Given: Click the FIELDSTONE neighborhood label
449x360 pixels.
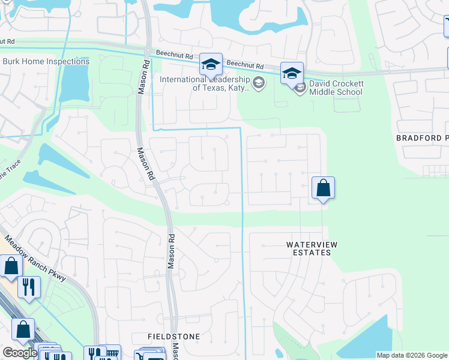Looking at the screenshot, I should pyautogui.click(x=174, y=337).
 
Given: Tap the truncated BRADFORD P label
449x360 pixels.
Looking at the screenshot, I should pyautogui.click(x=422, y=138).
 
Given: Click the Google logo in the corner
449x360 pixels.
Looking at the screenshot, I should pyautogui.click(x=19, y=353).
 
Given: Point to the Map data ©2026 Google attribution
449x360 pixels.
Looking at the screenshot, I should pyautogui.click(x=412, y=355).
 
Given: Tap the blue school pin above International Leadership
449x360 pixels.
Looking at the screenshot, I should pyautogui.click(x=211, y=64).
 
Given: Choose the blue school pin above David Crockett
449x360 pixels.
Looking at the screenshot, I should pyautogui.click(x=292, y=73).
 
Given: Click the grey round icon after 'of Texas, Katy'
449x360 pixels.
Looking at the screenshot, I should pyautogui.click(x=259, y=83).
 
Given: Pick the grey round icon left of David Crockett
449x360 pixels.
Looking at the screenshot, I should pyautogui.click(x=300, y=88).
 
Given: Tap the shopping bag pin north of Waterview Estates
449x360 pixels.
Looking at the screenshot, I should pyautogui.click(x=323, y=188).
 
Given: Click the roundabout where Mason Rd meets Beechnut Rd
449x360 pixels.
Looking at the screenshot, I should pyautogui.click(x=147, y=50).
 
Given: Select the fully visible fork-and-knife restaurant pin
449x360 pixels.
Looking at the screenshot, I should pyautogui.click(x=28, y=287).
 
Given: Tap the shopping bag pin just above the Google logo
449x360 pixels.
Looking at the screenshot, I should pyautogui.click(x=23, y=329).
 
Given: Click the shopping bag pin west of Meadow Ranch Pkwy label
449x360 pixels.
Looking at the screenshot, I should pyautogui.click(x=11, y=266).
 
